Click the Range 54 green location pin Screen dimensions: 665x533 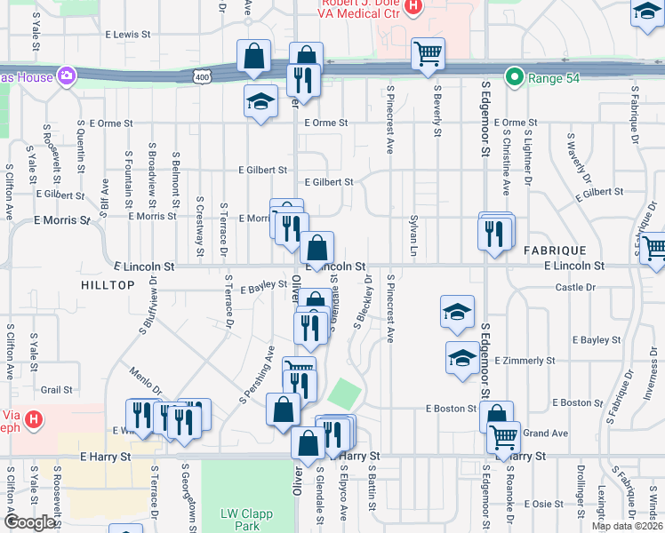pyautogui.click(x=513, y=77)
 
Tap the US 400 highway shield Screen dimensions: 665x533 pyautogui.click(x=203, y=77)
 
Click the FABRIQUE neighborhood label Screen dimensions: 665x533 pyautogui.click(x=555, y=251)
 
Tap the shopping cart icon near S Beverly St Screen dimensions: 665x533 pyautogui.click(x=428, y=54)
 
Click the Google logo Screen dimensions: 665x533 pyautogui.click(x=29, y=522)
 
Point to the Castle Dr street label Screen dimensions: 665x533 pyautogui.click(x=574, y=287)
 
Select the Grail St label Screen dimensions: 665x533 pyautogui.click(x=56, y=389)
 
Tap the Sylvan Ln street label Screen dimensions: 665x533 pyautogui.click(x=413, y=231)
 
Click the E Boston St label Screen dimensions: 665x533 pyautogui.click(x=452, y=409)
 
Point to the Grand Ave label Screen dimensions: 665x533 pyautogui.click(x=546, y=434)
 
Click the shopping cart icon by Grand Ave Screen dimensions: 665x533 pyautogui.click(x=503, y=437)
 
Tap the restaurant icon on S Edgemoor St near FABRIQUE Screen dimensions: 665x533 pyautogui.click(x=494, y=233)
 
